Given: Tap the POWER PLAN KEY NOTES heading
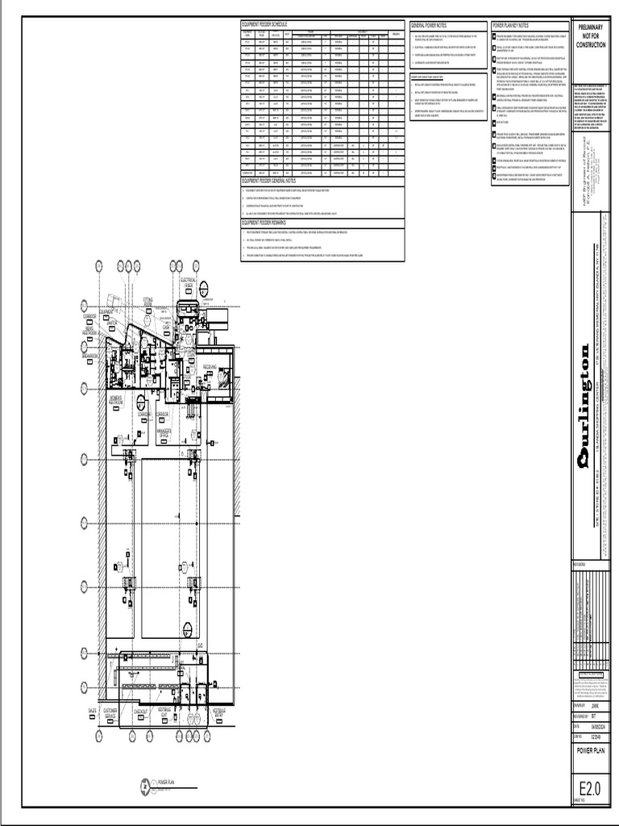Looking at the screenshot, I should click(x=513, y=26).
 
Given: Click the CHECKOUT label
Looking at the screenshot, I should click(x=139, y=712).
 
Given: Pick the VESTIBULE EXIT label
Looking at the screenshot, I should click(x=164, y=714).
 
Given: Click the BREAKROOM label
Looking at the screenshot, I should click(x=89, y=355).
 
